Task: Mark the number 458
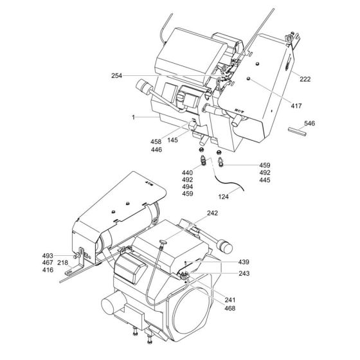(157, 141)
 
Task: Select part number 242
(212, 213)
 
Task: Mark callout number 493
(66, 256)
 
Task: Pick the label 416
(66, 271)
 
